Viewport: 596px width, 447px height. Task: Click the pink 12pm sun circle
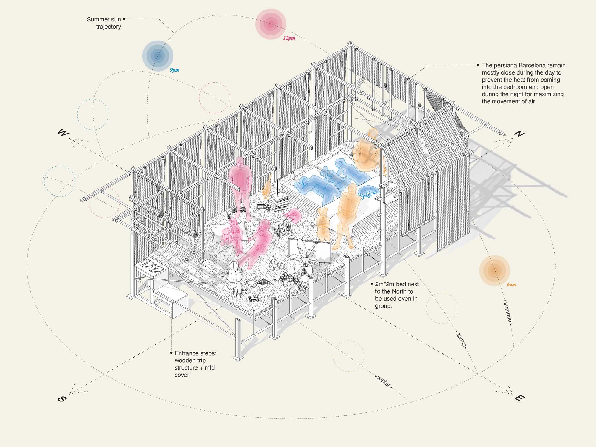point(271,24)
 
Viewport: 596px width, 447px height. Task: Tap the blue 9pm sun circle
point(158,56)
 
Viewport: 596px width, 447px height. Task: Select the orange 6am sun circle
point(495,271)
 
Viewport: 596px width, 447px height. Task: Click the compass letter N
point(519,134)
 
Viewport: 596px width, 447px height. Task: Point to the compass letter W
point(63,132)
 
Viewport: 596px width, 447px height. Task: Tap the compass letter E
point(519,398)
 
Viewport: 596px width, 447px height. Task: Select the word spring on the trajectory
point(461,339)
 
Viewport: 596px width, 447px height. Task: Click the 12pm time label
point(289,38)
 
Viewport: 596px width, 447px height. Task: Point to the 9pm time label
point(175,70)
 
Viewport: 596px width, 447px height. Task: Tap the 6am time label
point(511,285)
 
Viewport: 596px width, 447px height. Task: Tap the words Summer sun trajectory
point(104,23)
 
